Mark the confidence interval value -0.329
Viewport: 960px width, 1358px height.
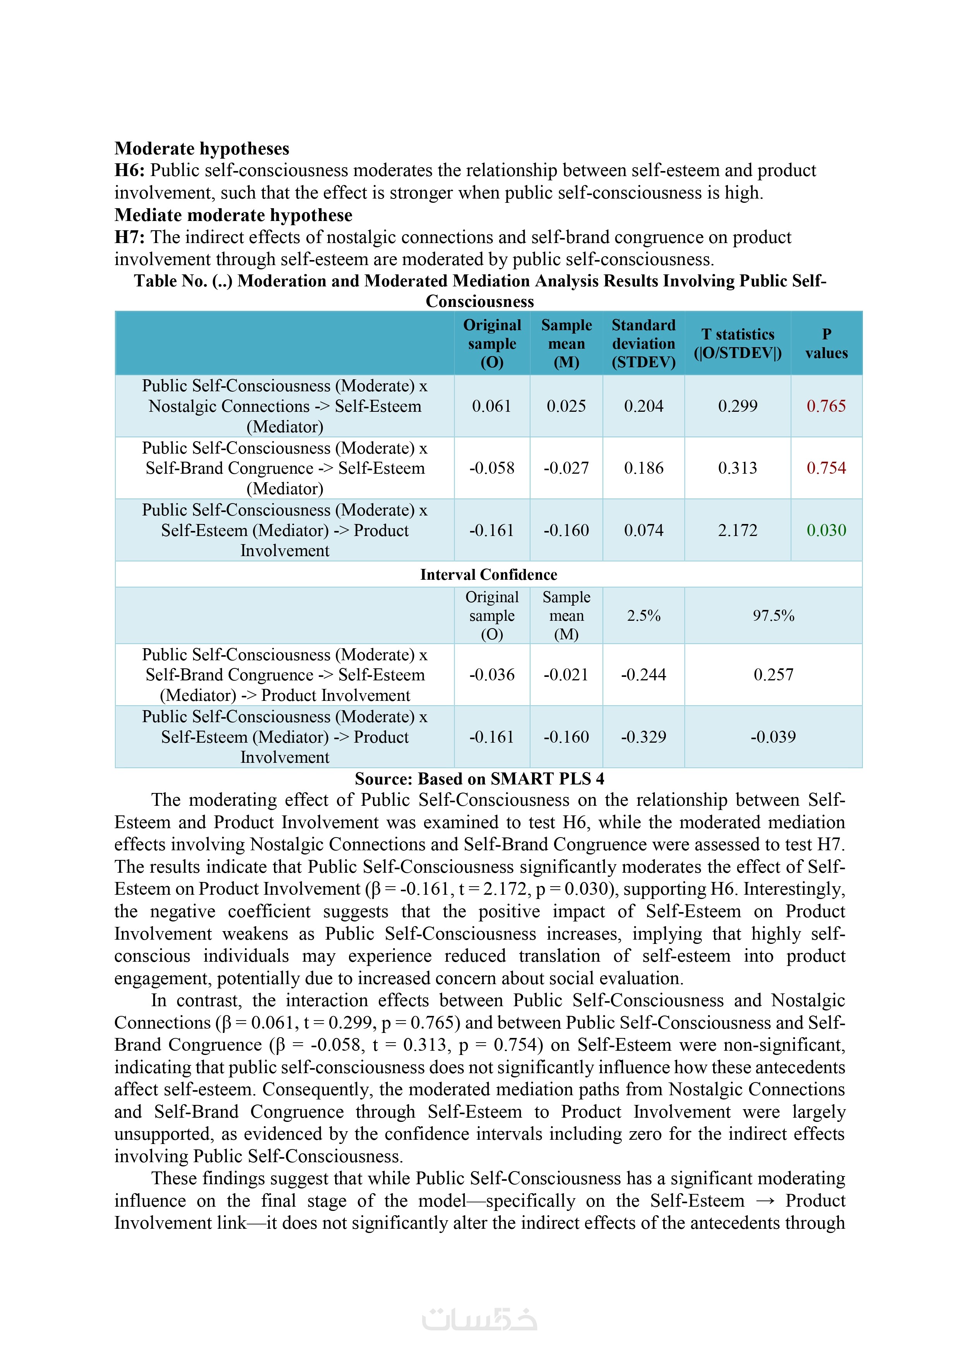[643, 736]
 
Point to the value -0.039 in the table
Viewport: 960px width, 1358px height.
[773, 736]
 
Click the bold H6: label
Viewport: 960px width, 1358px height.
[130, 170]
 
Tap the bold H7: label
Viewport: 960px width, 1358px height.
[130, 237]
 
